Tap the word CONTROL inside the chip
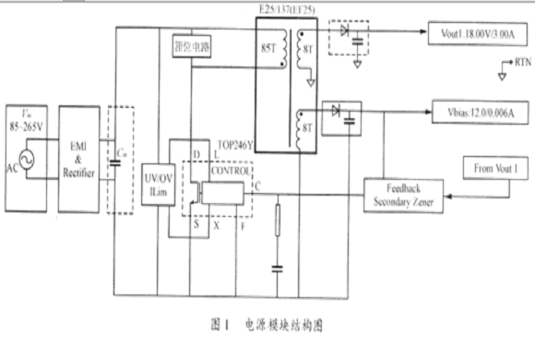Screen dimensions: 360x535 [230, 172]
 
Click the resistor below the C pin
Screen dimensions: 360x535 [277, 222]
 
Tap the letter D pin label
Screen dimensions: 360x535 [196, 153]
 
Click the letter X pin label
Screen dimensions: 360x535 [215, 222]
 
